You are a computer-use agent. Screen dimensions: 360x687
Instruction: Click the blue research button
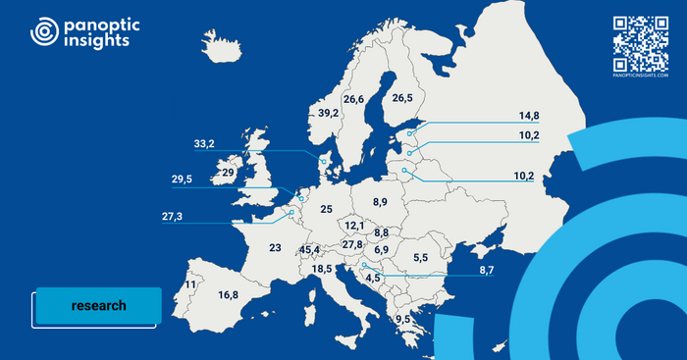point(98,305)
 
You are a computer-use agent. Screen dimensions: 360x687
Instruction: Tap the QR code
point(640,42)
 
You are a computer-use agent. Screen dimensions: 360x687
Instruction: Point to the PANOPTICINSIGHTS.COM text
point(640,75)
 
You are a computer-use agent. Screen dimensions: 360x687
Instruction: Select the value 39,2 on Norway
point(328,114)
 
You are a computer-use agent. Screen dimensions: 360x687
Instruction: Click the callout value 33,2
point(204,144)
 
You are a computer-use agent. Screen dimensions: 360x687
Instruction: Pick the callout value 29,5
point(182,180)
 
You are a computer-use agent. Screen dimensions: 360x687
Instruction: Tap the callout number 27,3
point(172,216)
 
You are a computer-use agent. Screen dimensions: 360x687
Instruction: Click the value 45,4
point(311,250)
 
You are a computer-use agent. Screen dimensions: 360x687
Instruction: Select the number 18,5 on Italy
point(322,269)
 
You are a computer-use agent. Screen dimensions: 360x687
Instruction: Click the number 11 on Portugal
point(189,284)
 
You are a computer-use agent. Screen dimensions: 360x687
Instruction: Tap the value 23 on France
point(275,248)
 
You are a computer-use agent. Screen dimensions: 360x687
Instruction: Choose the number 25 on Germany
point(326,209)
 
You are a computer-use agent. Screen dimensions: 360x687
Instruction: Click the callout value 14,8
point(529,115)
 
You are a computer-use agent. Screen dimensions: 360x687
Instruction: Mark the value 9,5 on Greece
point(402,320)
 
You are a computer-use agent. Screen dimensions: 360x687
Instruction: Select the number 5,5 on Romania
point(420,258)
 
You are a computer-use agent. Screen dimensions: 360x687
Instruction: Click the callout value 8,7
point(488,270)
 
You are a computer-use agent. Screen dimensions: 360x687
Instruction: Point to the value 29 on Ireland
point(227,173)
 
